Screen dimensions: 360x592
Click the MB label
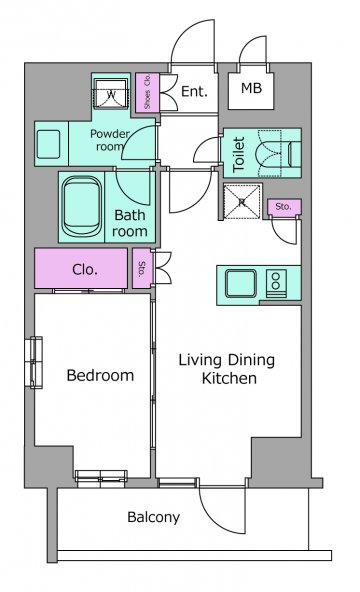coord(251,88)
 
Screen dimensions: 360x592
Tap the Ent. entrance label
coord(194,91)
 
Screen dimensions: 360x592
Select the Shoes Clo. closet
coord(148,92)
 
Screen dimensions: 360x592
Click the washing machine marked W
coord(111,94)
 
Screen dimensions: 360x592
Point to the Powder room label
coord(110,140)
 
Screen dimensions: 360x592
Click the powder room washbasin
coord(48,144)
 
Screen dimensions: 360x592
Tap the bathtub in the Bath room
coord(82,207)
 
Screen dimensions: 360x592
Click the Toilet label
coord(239,155)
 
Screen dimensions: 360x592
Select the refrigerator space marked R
coord(242,202)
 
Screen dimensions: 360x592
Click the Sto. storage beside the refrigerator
coord(285,207)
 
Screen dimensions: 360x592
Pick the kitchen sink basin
coord(241,284)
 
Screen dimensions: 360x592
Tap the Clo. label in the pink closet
coord(85,270)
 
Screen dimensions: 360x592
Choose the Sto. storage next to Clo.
coord(143,268)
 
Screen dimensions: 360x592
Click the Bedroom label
coord(100,375)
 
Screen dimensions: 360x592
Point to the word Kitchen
coord(229,378)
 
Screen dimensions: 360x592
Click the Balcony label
coord(154,517)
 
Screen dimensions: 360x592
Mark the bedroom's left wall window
coord(34,362)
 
